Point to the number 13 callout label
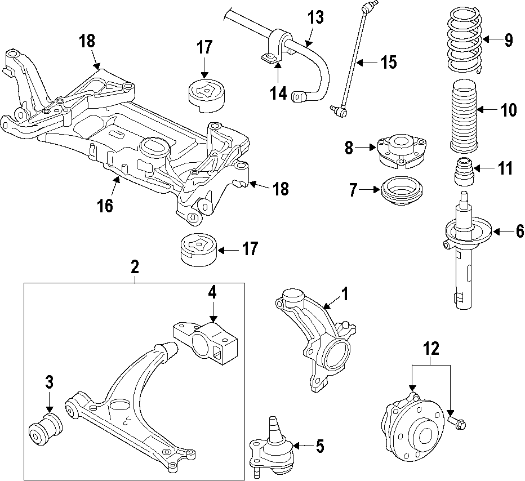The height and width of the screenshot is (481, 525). coord(315,17)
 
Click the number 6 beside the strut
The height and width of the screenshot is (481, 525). coord(519,231)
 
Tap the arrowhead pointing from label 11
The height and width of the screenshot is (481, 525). coord(475,168)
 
